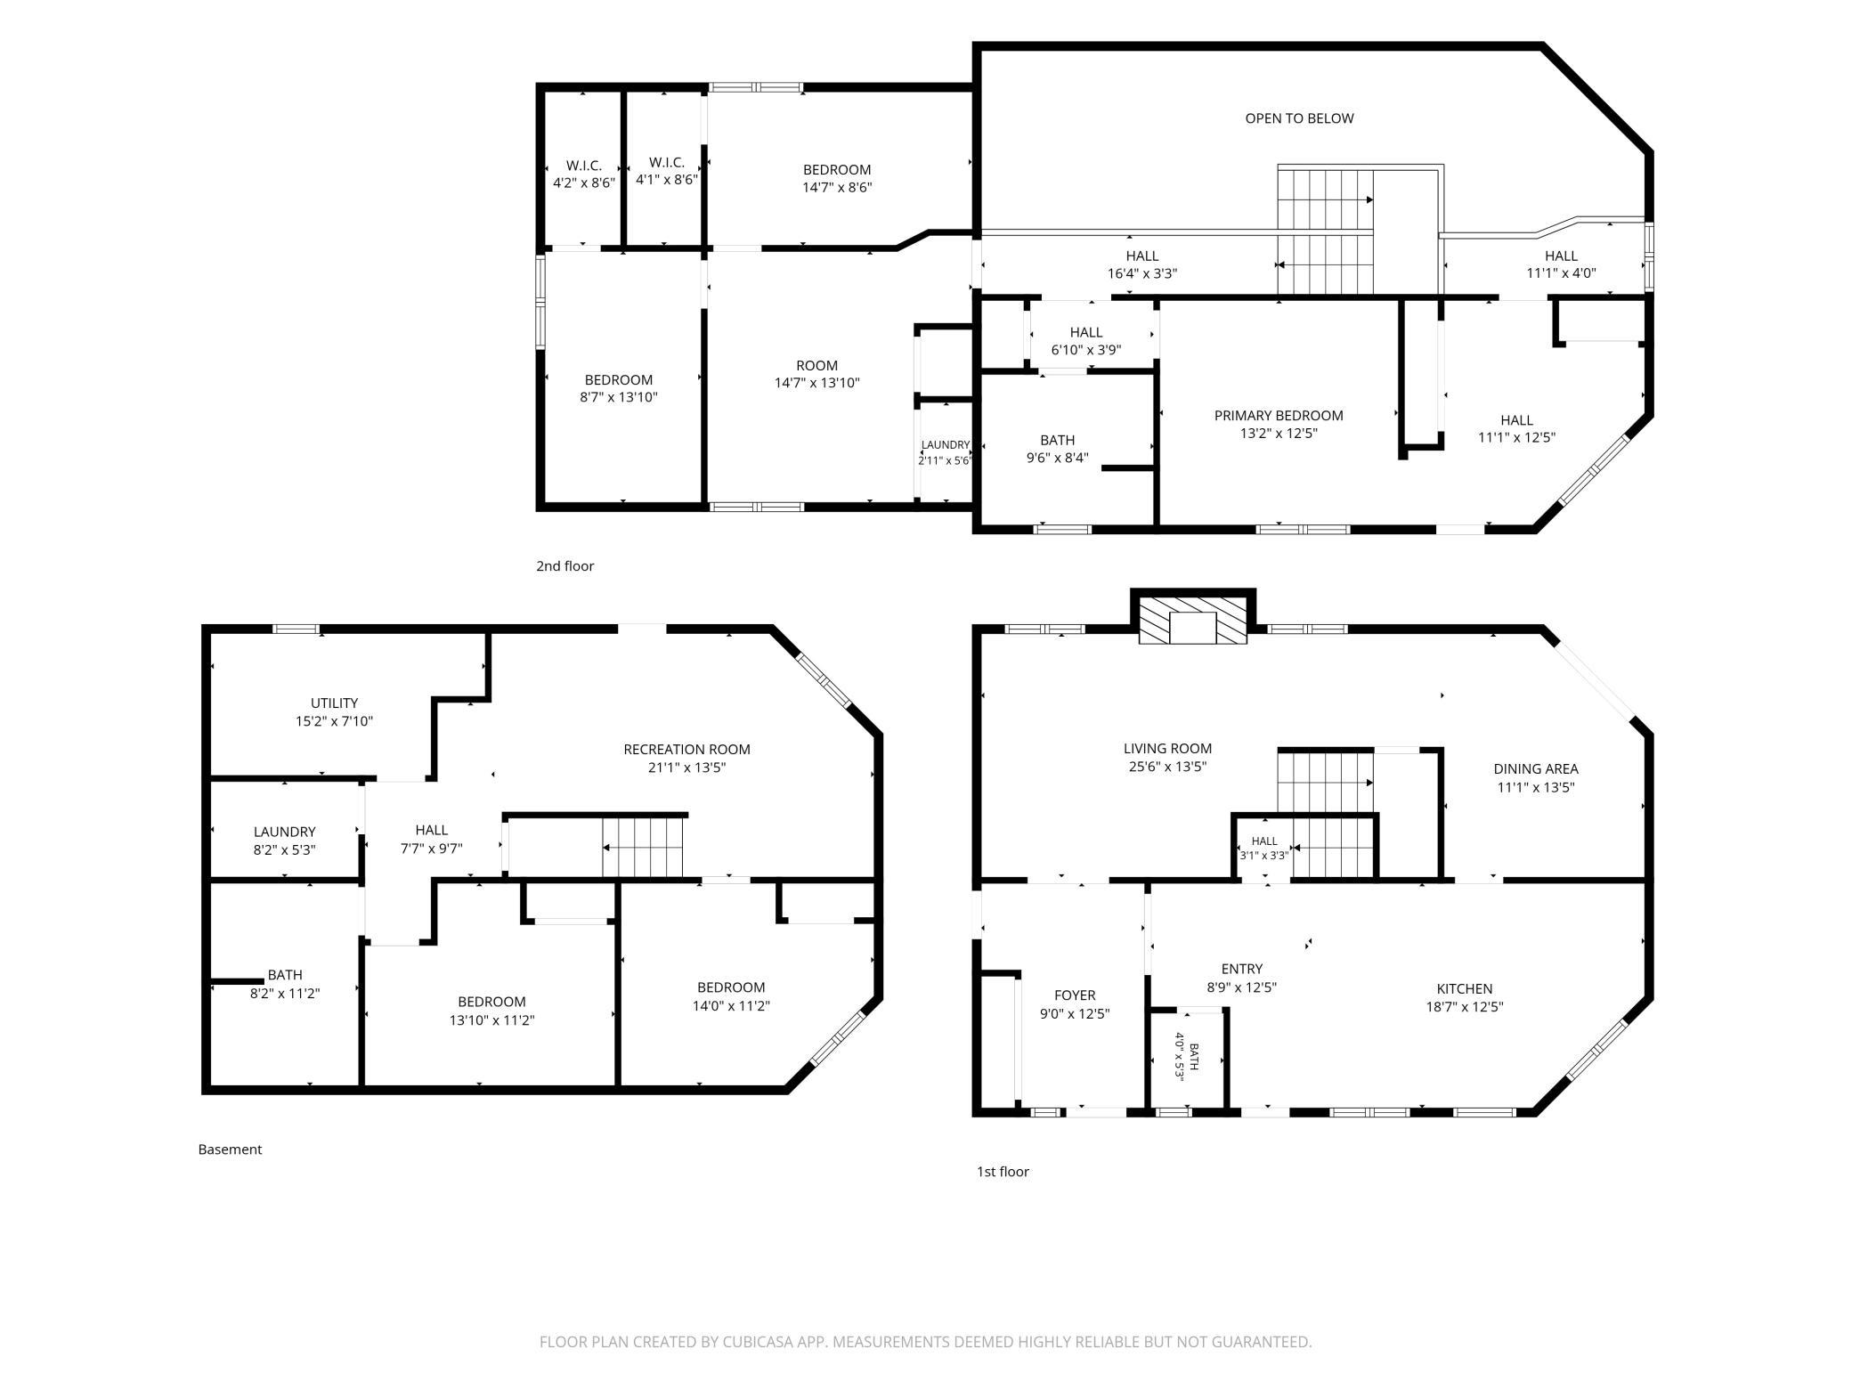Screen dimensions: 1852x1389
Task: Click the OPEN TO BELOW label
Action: pyautogui.click(x=1299, y=118)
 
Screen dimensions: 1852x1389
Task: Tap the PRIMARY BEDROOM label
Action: pyautogui.click(x=1279, y=416)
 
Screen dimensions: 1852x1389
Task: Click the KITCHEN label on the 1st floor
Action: pyautogui.click(x=1465, y=989)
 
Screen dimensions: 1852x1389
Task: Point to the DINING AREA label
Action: pyautogui.click(x=1536, y=769)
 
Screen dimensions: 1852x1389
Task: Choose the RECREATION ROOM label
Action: pyautogui.click(x=686, y=750)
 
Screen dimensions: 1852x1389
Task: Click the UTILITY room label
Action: pyautogui.click(x=335, y=703)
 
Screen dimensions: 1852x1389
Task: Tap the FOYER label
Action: pyautogui.click(x=1075, y=995)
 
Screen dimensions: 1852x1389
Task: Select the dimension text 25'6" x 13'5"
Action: pyautogui.click(x=1167, y=767)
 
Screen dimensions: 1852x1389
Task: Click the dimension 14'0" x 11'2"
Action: pyautogui.click(x=731, y=1006)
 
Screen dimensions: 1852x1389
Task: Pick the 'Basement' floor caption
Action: pyautogui.click(x=230, y=1149)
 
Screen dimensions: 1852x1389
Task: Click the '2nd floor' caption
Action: pyautogui.click(x=565, y=566)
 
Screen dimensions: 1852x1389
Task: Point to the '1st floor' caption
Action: pyautogui.click(x=1003, y=1172)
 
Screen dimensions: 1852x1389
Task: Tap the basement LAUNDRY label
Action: pyautogui.click(x=284, y=833)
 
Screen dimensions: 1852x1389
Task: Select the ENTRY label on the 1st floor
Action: pyautogui.click(x=1242, y=970)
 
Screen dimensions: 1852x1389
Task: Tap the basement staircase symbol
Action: pyautogui.click(x=643, y=848)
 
